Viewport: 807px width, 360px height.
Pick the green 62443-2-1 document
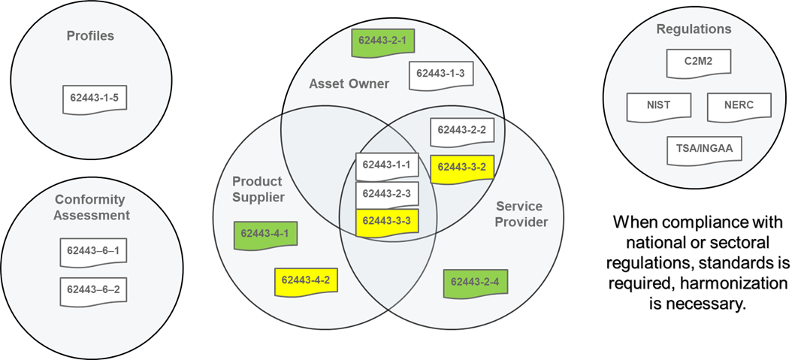click(x=382, y=41)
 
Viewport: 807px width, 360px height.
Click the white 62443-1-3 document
click(x=440, y=74)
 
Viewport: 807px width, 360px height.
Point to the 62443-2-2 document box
click(x=461, y=130)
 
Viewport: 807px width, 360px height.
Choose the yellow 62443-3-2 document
click(x=461, y=168)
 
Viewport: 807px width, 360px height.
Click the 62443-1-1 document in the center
click(x=386, y=165)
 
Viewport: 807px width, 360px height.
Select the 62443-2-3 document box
click(x=386, y=194)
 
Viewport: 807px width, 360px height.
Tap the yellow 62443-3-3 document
click(x=386, y=221)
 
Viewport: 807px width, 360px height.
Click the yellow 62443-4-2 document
click(x=305, y=280)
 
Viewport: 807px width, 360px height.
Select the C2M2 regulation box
click(x=698, y=62)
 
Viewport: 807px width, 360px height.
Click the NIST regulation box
click(x=658, y=105)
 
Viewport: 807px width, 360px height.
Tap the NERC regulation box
click(x=739, y=105)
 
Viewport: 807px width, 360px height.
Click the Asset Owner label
click(x=349, y=83)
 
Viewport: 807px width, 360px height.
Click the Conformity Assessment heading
click(x=92, y=207)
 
